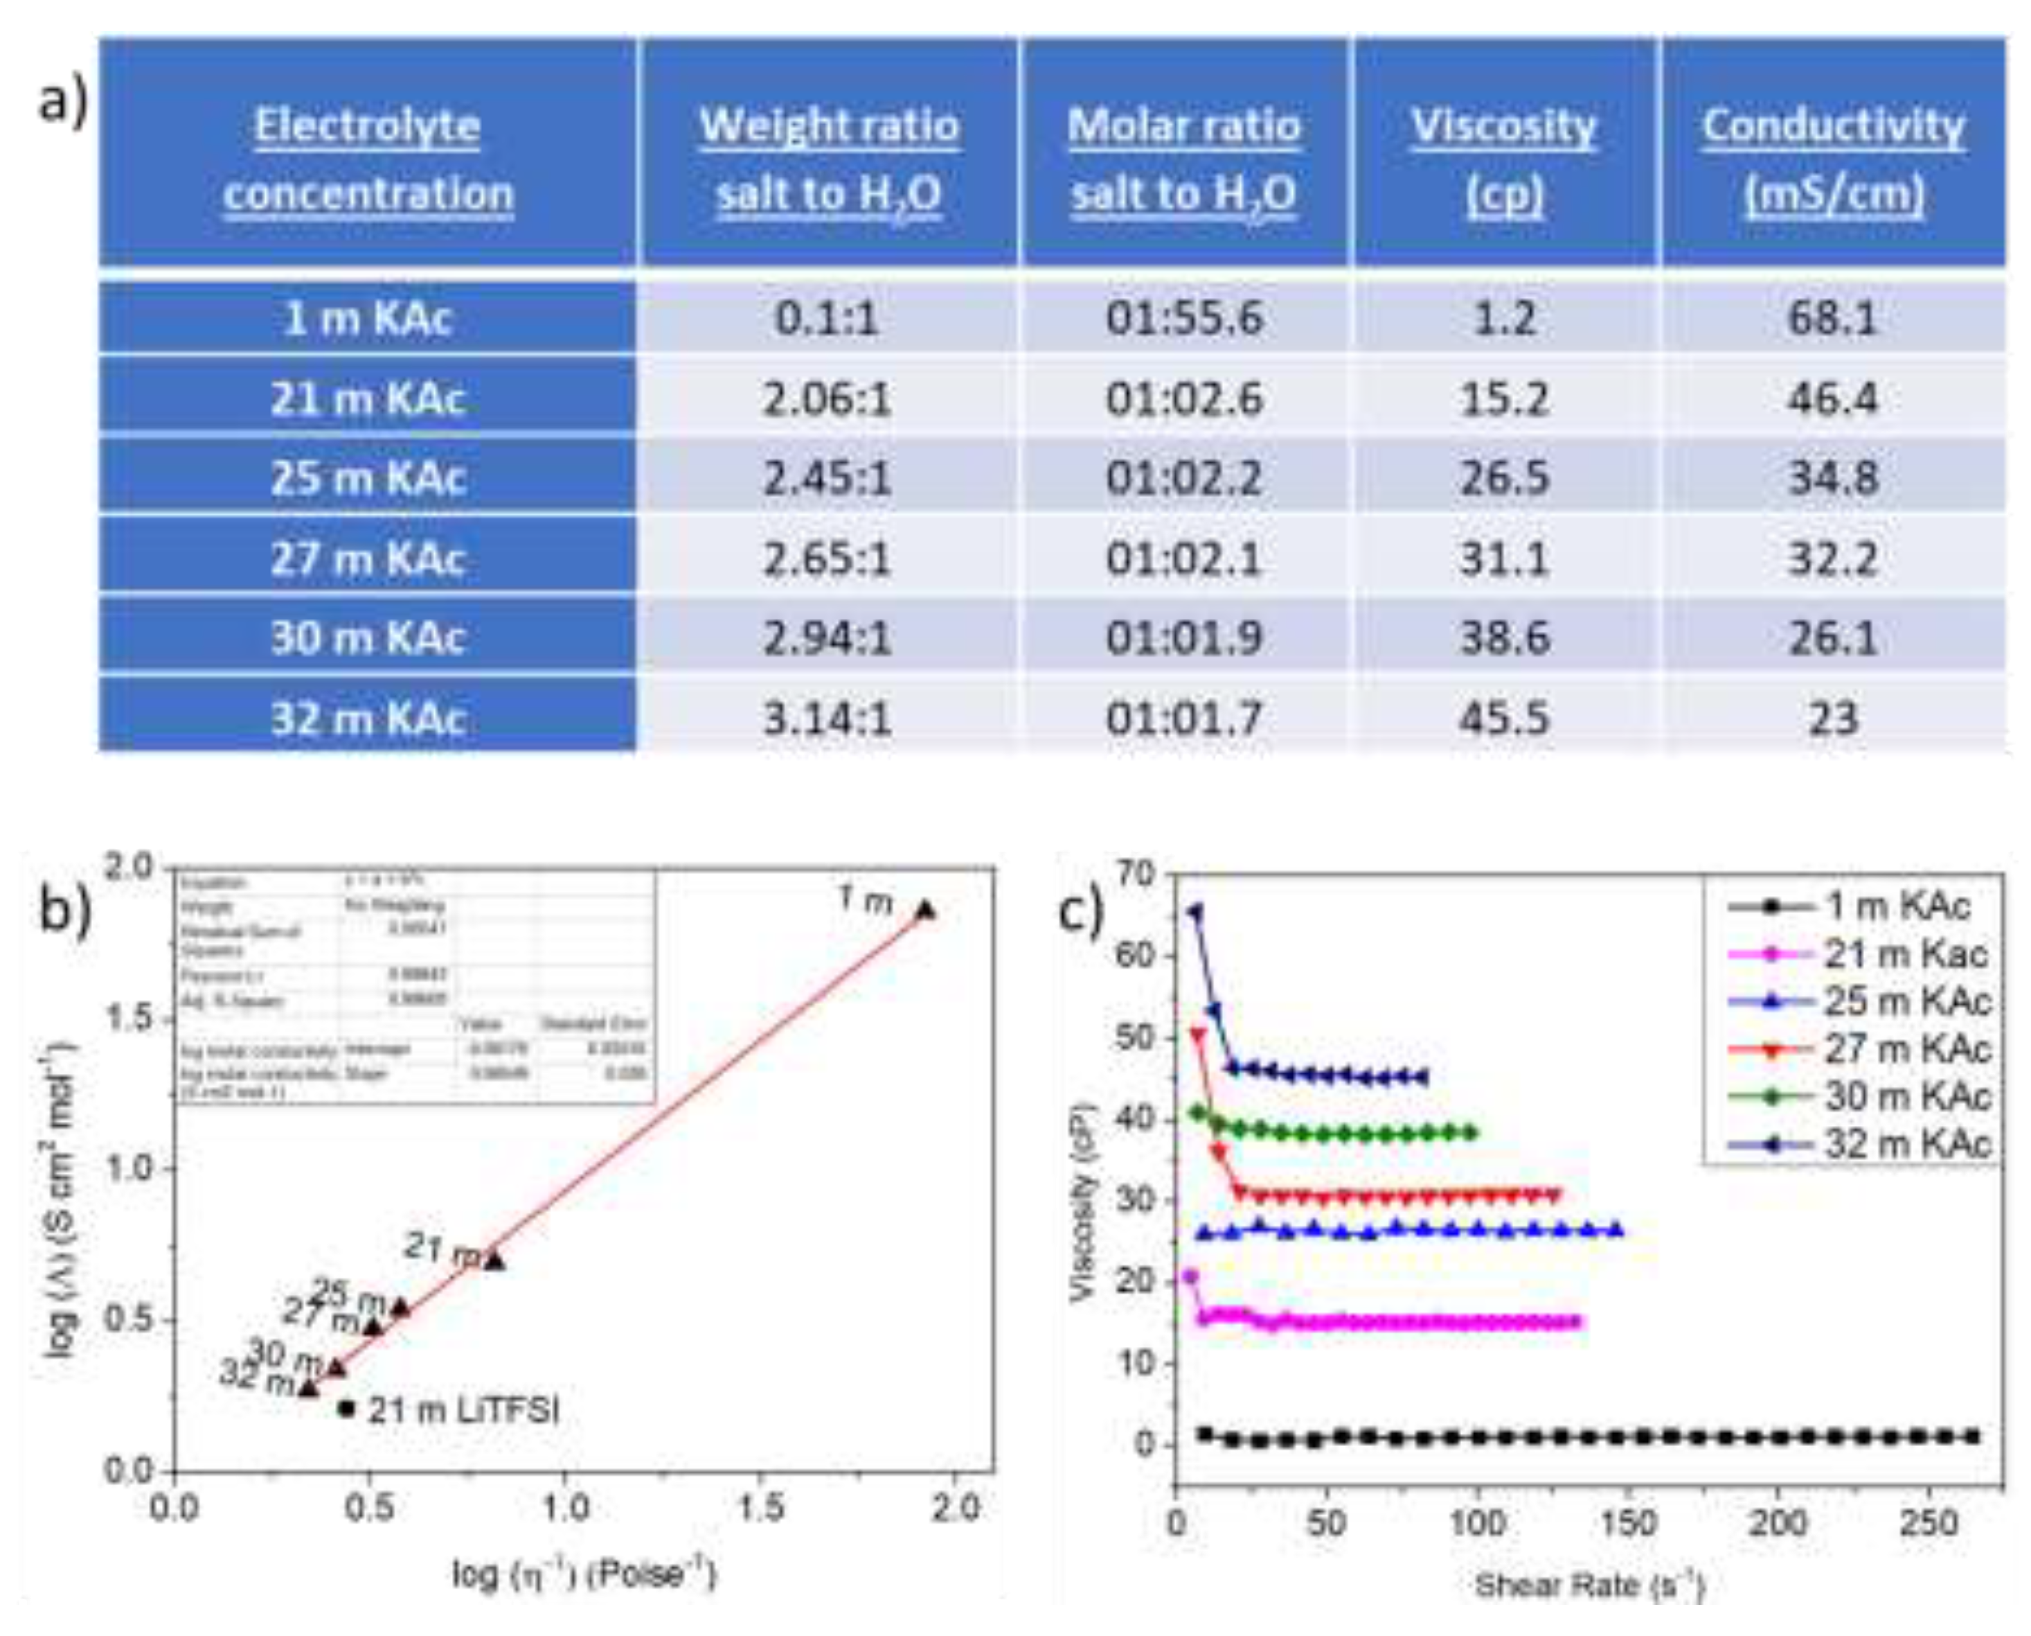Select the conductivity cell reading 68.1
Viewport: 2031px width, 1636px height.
click(x=1832, y=317)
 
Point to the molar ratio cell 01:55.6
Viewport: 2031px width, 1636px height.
click(x=1183, y=317)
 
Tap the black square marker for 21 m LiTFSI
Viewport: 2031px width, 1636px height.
click(x=347, y=1408)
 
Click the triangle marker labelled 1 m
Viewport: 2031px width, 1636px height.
click(x=925, y=909)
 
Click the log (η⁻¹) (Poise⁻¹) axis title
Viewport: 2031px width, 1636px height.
click(x=584, y=1573)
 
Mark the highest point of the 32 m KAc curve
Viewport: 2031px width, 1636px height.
click(x=1195, y=911)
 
